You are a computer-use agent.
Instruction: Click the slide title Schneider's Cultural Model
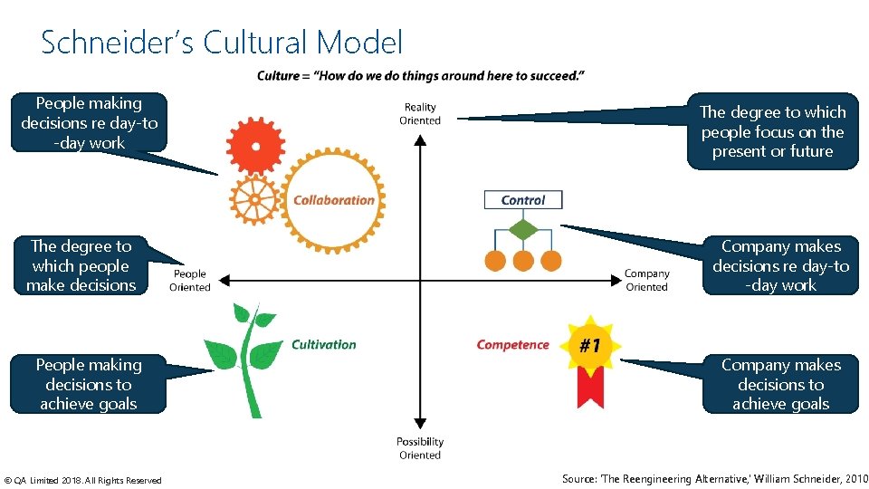click(222, 43)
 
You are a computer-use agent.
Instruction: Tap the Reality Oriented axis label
click(420, 114)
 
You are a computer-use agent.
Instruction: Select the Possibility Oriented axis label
click(420, 448)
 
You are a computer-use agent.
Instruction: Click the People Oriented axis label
click(190, 281)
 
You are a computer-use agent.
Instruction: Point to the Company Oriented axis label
click(646, 281)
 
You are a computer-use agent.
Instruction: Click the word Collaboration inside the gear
click(333, 200)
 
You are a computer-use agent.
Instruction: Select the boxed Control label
click(523, 200)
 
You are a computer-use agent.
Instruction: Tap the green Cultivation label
click(324, 344)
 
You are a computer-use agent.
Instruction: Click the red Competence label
click(512, 344)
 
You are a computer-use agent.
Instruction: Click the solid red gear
click(256, 144)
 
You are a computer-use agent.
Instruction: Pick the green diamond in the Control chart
click(523, 229)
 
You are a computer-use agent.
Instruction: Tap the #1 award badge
click(590, 347)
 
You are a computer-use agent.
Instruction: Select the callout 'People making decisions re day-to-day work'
click(89, 123)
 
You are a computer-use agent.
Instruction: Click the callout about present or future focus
click(772, 131)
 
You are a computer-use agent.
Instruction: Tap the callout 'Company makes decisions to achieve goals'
click(780, 384)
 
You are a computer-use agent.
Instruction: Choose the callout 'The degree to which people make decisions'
click(81, 265)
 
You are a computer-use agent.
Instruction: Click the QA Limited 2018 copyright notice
click(82, 480)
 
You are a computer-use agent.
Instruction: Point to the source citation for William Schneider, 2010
click(714, 479)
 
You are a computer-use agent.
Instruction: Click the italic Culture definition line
click(420, 76)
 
